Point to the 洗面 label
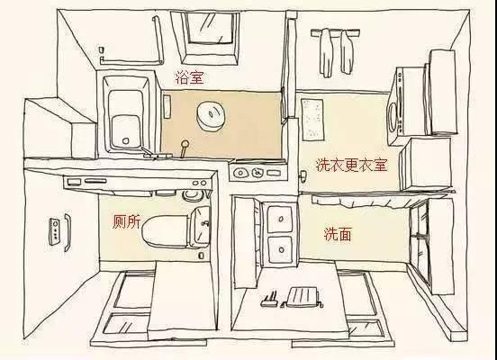pyautogui.click(x=338, y=234)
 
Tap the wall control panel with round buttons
pyautogui.click(x=58, y=231)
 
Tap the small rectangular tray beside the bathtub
pyautogui.click(x=167, y=103)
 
